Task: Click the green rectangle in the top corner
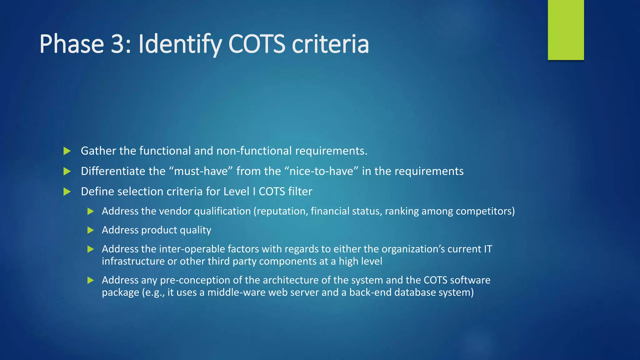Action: (x=566, y=30)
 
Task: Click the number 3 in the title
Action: (x=118, y=44)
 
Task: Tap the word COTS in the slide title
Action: (x=257, y=44)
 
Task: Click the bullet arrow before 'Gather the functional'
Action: (x=67, y=151)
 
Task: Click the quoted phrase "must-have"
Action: (x=201, y=171)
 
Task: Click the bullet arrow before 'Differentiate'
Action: (x=67, y=172)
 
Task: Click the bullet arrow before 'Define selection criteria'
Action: (x=67, y=192)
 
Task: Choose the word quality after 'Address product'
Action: (x=196, y=230)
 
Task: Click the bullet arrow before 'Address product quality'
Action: (x=91, y=231)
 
